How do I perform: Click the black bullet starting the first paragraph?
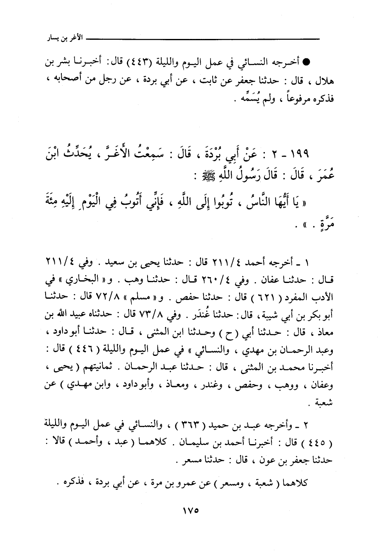point(307,63)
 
